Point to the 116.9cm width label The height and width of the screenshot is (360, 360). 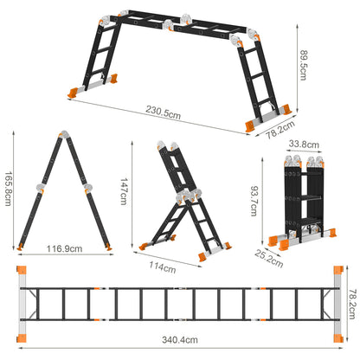click(x=66, y=247)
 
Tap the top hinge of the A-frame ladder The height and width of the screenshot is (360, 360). click(x=63, y=137)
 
